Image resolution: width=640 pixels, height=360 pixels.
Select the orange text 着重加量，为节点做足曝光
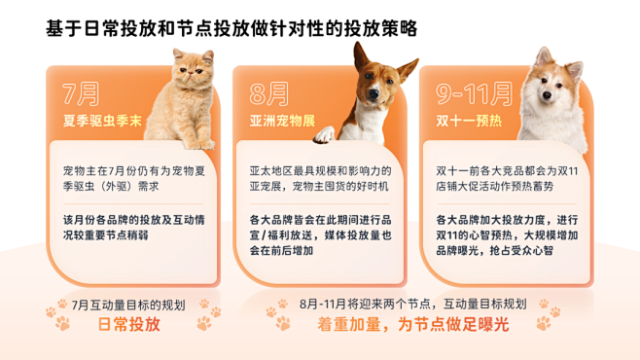click(413, 325)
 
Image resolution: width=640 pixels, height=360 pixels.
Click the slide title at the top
click(231, 28)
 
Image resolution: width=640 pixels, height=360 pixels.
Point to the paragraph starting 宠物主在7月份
click(132, 178)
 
